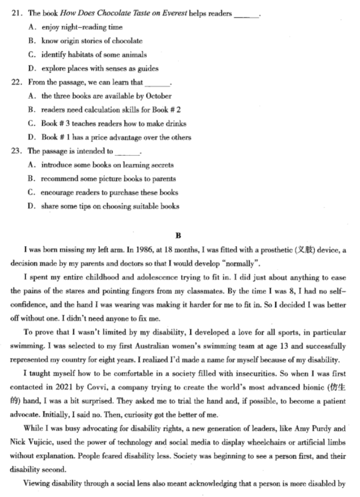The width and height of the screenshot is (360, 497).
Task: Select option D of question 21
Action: (x=33, y=68)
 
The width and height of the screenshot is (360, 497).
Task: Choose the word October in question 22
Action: (x=159, y=96)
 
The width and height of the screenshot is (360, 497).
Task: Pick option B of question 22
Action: (x=33, y=110)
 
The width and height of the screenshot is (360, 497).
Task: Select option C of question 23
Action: (x=33, y=193)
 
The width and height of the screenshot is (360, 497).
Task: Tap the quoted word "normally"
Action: (x=238, y=263)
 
